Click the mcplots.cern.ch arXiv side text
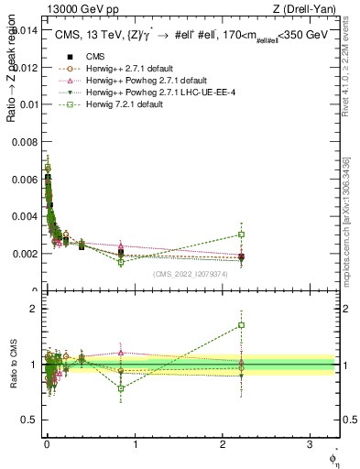(x=350, y=220)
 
